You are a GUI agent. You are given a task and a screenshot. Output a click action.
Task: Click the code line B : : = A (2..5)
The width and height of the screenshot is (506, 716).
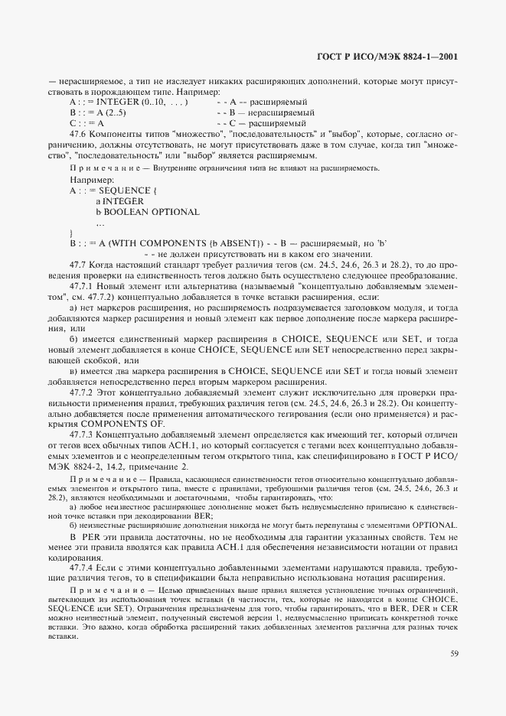[97, 112]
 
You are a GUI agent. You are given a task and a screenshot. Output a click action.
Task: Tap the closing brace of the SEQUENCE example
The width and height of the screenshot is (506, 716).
[71, 233]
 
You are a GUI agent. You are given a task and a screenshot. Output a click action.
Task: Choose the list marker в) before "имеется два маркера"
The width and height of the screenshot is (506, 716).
[73, 371]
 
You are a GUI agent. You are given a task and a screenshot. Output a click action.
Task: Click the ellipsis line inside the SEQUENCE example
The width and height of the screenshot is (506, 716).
[100, 223]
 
